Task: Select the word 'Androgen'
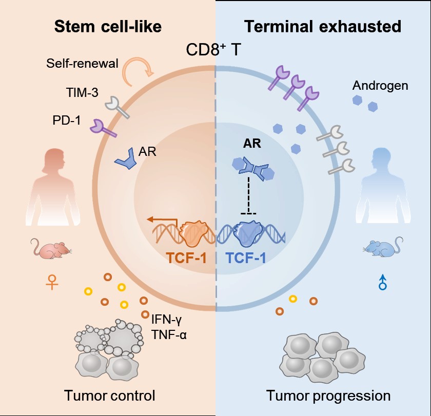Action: point(380,86)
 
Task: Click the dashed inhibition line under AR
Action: point(248,195)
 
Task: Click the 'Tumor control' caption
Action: point(110,395)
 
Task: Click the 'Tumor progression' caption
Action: point(328,395)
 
